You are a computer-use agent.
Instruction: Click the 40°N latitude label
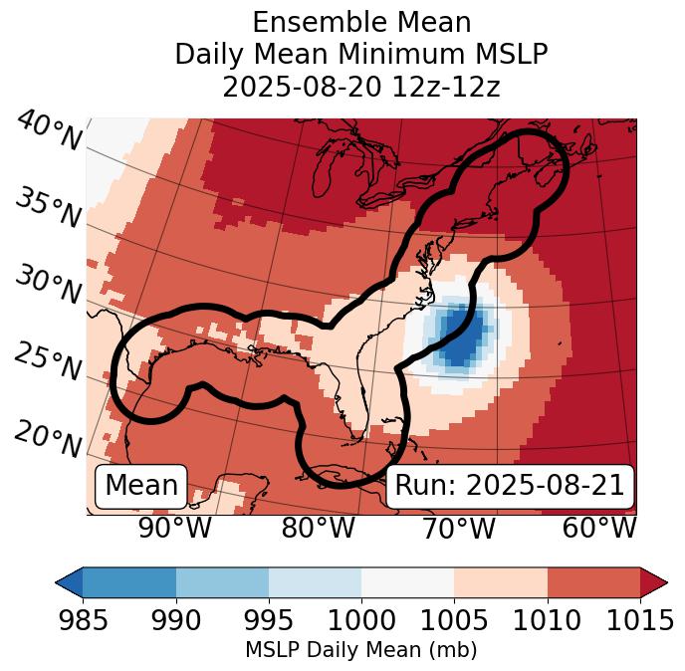49,132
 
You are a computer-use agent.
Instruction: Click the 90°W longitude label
175,528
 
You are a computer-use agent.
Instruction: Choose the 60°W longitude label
599,528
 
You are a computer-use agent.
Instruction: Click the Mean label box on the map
141,486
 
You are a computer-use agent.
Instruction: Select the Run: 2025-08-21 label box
510,486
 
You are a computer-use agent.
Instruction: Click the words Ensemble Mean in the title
361,22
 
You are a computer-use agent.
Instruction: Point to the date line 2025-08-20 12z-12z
361,87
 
